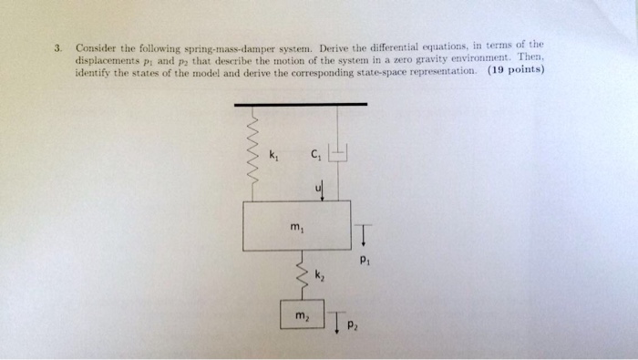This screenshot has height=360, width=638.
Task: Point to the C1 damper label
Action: [x=315, y=154]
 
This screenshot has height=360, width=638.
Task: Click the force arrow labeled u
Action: [x=322, y=189]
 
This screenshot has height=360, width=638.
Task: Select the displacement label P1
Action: [x=365, y=258]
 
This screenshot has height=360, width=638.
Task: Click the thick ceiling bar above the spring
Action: [x=301, y=104]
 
